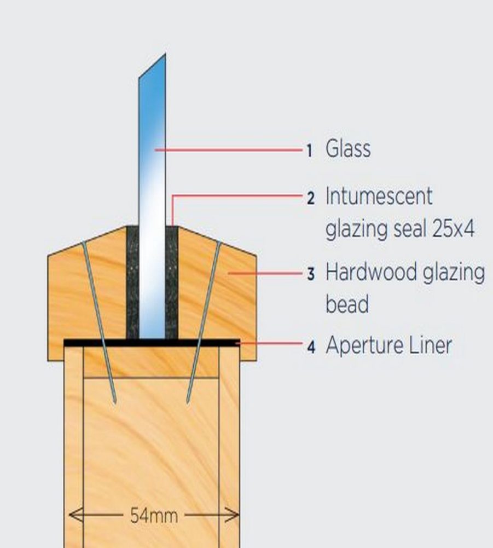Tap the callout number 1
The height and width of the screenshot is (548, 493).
309,151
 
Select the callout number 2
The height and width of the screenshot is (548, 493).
311,198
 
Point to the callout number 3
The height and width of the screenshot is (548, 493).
311,274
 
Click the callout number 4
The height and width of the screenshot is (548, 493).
311,348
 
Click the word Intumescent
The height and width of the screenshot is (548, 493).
379,196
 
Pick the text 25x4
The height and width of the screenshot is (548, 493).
453,229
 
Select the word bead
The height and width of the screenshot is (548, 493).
347,304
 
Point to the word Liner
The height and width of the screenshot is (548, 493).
430,345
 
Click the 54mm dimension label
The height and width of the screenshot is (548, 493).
154,515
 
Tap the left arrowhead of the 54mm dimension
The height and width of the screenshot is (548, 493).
75,515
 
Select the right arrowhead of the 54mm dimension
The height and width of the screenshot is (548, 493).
233,515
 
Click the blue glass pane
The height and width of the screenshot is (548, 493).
152,196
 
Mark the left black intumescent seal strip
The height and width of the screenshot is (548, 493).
132,282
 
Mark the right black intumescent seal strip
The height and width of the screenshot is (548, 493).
172,282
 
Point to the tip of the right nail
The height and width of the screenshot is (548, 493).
188,403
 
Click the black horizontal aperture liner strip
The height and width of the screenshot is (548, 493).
152,343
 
